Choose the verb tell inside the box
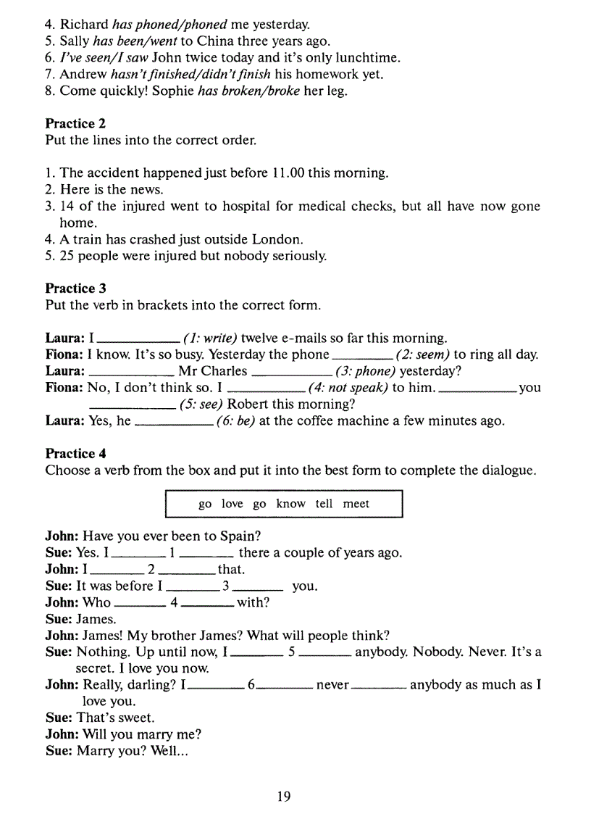(324, 504)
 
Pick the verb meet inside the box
(356, 504)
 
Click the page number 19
(284, 797)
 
